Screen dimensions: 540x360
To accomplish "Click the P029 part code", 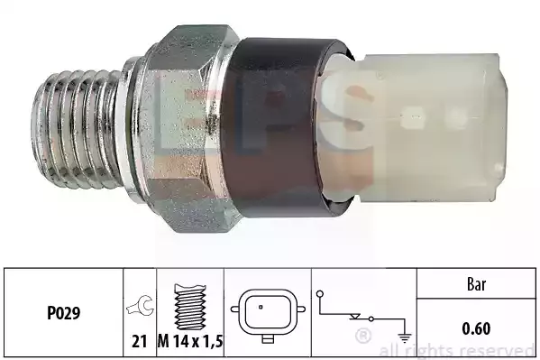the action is pyautogui.click(x=63, y=313).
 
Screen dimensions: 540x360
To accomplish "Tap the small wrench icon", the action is pyautogui.click(x=140, y=305).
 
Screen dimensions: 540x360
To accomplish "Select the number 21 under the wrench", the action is pyautogui.click(x=140, y=341).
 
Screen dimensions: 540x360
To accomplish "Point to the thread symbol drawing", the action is pyautogui.click(x=190, y=307).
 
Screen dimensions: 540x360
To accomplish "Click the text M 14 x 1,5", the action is pyautogui.click(x=190, y=341).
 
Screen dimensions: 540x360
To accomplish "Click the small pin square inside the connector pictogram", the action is pyautogui.click(x=261, y=307).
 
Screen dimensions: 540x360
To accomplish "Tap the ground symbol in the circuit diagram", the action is pyautogui.click(x=405, y=337).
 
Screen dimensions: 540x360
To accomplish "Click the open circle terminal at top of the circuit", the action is pyautogui.click(x=320, y=294).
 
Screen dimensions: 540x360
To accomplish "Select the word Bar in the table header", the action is pyautogui.click(x=476, y=284).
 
